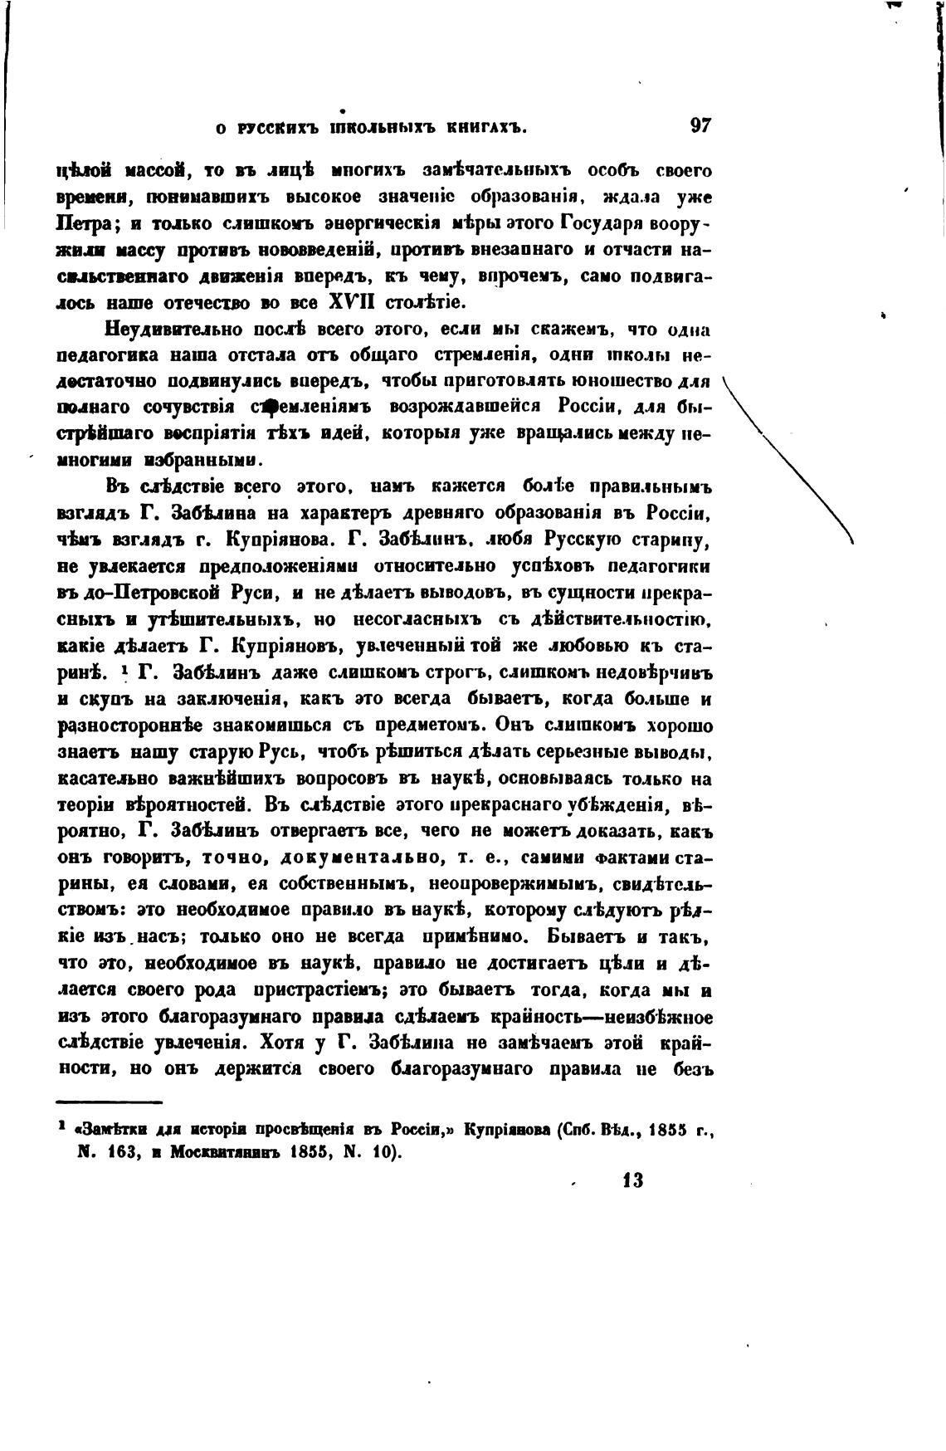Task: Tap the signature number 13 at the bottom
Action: (631, 1181)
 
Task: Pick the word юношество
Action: (633, 382)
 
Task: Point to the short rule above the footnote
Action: (109, 1102)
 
